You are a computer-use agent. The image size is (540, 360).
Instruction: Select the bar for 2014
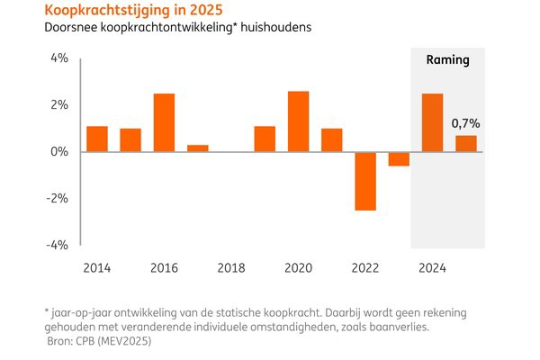97,139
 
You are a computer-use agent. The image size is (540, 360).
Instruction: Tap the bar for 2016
164,122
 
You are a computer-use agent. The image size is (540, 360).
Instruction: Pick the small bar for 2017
198,148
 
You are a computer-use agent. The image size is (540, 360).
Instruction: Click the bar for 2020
299,121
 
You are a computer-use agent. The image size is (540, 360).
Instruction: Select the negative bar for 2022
364,181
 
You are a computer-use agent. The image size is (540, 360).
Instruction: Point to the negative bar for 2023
399,158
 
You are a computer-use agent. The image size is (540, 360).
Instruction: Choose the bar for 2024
432,122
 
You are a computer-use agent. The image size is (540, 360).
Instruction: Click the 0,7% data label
465,121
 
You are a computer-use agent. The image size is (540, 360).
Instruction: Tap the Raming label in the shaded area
447,60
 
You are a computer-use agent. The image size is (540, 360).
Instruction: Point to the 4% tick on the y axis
58,58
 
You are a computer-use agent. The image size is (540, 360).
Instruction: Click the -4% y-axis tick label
57,244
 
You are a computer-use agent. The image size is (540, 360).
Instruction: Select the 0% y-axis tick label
58,151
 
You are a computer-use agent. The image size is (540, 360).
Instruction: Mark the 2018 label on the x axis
232,267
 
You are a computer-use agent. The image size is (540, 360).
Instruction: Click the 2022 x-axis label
364,267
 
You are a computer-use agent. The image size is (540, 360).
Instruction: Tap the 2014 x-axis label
97,267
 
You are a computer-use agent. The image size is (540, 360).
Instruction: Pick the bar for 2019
265,139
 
